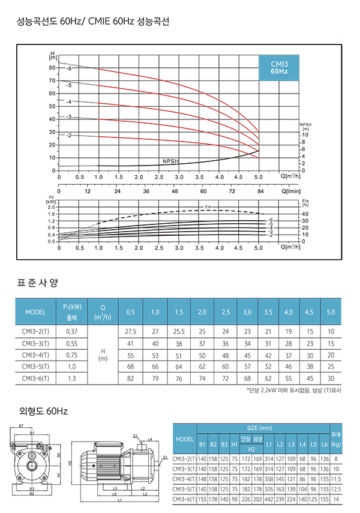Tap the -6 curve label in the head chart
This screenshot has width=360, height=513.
[70, 69]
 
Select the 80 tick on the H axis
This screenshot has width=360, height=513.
[52, 68]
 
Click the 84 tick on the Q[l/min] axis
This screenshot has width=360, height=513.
[259, 192]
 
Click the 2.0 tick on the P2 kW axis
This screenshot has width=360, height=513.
[52, 207]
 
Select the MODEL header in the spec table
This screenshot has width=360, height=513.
[35, 312]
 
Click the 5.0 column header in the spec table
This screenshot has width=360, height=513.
[331, 312]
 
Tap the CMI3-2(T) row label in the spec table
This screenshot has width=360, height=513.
[35, 331]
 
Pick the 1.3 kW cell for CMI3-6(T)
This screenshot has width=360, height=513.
[72, 379]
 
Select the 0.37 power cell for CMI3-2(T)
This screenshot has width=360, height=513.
[72, 331]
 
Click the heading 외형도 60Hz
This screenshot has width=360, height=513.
[43, 412]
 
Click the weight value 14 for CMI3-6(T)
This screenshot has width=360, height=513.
[336, 499]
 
